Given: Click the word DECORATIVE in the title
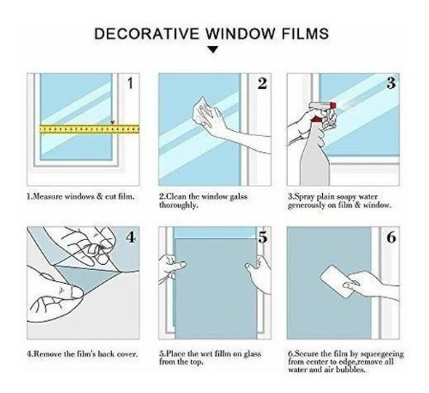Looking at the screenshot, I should (x=137, y=33).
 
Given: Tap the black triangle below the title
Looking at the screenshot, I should (x=212, y=50).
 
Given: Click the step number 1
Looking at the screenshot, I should (x=130, y=83).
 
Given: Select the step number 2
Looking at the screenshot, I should (x=262, y=83).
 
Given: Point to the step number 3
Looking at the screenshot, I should (x=390, y=83).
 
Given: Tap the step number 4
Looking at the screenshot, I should (x=131, y=238).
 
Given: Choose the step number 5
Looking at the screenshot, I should (x=262, y=238).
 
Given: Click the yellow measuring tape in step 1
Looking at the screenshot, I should (x=88, y=129).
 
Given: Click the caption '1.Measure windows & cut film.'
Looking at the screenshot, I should (x=81, y=197).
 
